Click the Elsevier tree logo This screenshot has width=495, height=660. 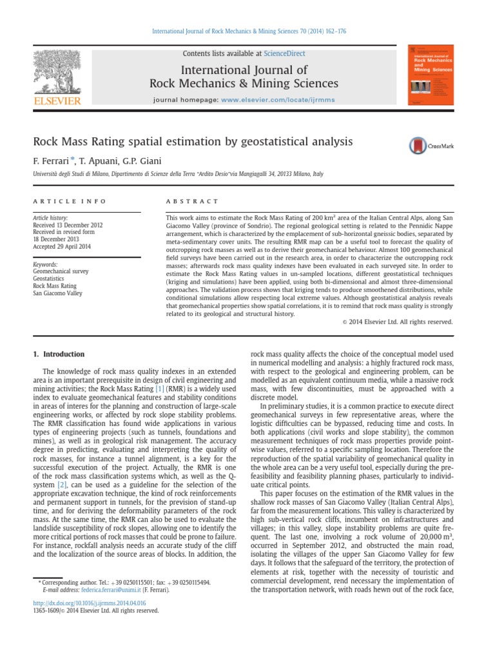(57, 74)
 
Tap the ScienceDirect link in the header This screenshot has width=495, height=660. (285, 53)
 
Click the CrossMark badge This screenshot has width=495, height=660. (431, 146)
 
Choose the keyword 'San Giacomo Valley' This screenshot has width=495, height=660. (58, 293)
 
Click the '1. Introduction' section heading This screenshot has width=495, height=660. (58, 354)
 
